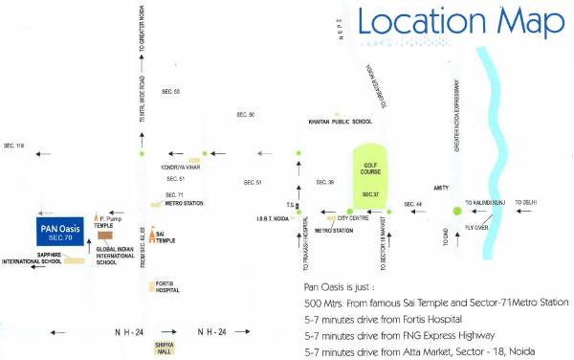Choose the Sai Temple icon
point(159,233)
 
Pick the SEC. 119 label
point(14,145)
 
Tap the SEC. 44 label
point(412,205)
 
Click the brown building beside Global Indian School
point(105,234)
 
